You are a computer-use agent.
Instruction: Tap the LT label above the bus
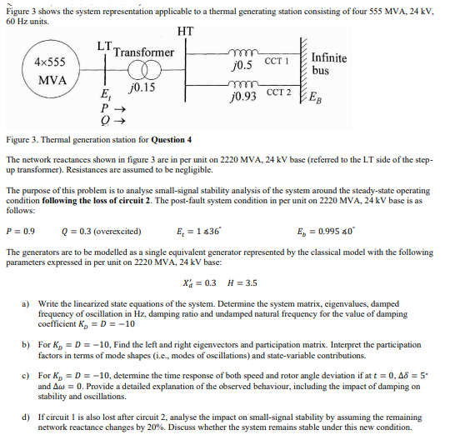pos(103,42)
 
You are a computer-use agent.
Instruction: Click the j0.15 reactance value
pos(142,87)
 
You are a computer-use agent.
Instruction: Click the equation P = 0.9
pos(21,231)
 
